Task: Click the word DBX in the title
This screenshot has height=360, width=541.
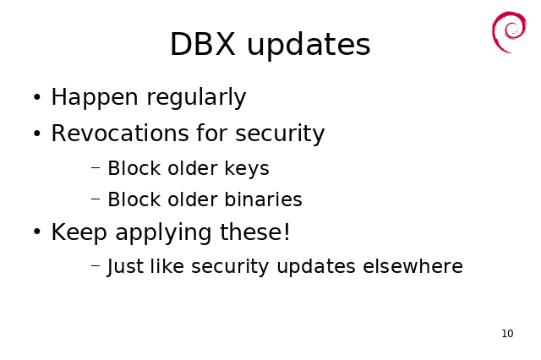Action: coord(203,44)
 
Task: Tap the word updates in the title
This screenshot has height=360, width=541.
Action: coord(309,45)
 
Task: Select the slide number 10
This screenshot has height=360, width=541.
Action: coord(507,334)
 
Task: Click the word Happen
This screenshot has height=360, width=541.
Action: coord(95,97)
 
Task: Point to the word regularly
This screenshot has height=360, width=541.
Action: coord(196,97)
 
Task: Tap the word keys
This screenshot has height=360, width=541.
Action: coord(247,169)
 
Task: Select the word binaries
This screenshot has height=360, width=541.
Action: coord(263,199)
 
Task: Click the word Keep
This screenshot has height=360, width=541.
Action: coord(79,232)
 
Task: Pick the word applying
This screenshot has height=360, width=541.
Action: coord(163,232)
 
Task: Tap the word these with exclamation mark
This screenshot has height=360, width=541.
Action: coord(255,232)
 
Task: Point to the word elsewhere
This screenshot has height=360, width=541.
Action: coord(413,266)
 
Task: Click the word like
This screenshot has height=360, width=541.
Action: coord(167,266)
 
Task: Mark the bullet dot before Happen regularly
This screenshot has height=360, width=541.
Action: coord(37,97)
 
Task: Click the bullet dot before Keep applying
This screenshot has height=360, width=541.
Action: coord(37,232)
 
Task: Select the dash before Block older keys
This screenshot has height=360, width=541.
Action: coord(96,168)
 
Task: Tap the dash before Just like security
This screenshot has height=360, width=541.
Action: coord(96,265)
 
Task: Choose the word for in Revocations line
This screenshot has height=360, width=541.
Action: coord(212,133)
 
